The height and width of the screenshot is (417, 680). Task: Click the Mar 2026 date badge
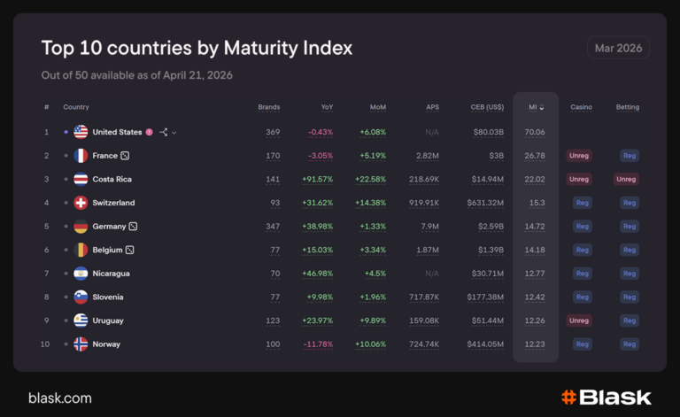coord(618,47)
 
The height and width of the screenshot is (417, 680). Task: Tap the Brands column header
coord(268,107)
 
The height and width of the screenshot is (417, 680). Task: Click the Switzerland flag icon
coord(81,203)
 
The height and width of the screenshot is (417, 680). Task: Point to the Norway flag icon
coord(81,344)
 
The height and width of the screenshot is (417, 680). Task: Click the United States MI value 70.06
coord(534,132)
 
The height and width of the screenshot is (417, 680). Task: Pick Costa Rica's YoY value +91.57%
coord(315,179)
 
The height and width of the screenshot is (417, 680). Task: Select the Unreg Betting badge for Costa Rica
coord(627,179)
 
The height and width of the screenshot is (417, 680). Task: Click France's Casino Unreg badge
coord(579,156)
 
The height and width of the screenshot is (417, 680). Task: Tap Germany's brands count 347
coord(273,227)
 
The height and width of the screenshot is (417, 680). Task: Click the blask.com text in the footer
coord(60,398)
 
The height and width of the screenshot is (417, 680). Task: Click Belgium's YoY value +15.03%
coord(315,251)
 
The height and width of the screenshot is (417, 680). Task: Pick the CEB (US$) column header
coord(487,107)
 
